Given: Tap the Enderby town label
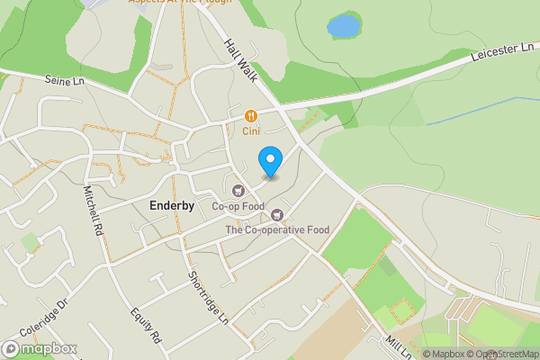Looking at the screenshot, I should click(x=171, y=205).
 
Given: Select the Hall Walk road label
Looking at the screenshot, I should click(x=241, y=59).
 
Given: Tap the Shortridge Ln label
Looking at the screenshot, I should click(x=209, y=298).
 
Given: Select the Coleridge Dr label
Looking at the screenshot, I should click(x=50, y=315).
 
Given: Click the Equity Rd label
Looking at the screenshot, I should click(x=144, y=326).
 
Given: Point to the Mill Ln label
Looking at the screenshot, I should click(x=396, y=344).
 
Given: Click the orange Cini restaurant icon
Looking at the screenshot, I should click(x=250, y=115).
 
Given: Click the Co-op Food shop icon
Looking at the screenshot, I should click(x=238, y=190).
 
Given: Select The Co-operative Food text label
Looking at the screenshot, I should click(x=277, y=229).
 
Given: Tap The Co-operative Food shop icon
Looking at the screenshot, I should click(x=277, y=214).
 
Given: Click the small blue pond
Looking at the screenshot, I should click(x=343, y=26).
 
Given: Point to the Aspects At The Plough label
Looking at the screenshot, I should click(x=180, y=3).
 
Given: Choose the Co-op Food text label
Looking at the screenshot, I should click(x=238, y=206).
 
